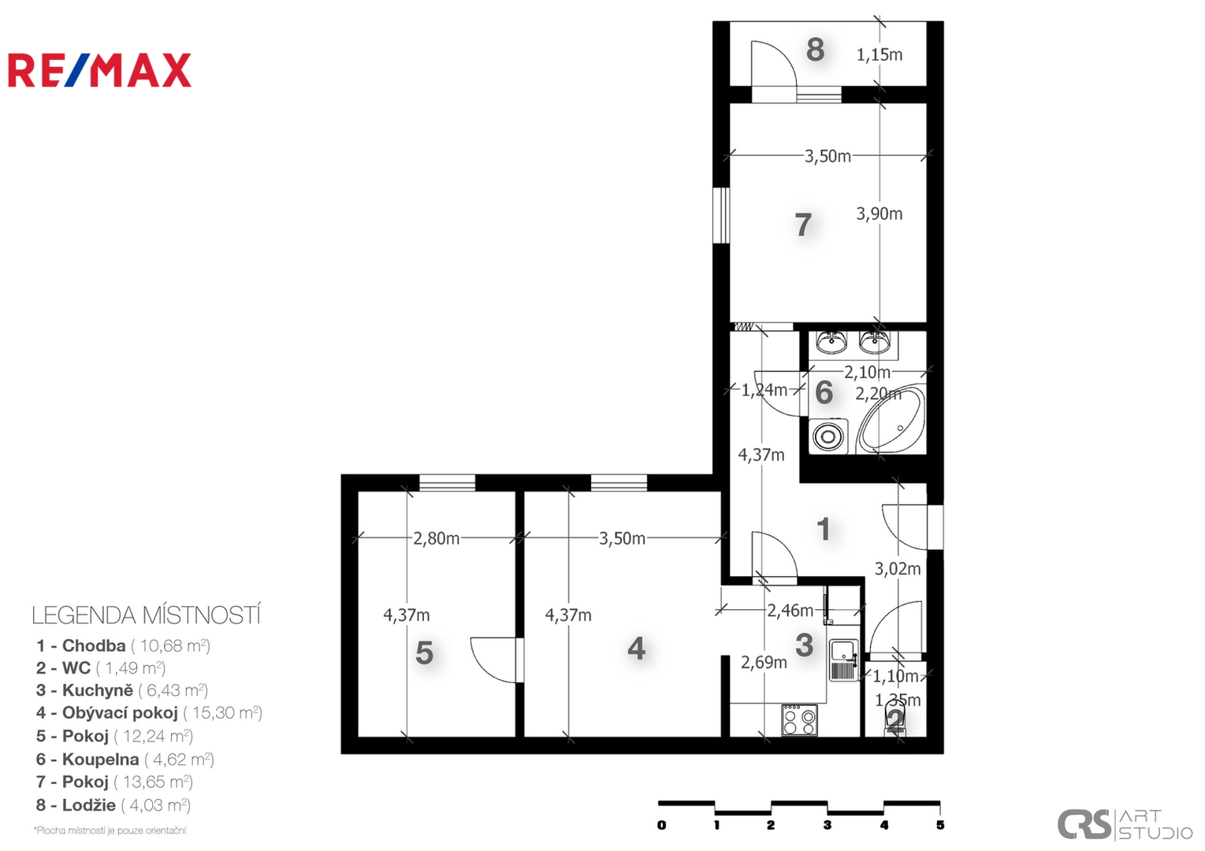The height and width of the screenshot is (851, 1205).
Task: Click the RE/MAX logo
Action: pyautogui.click(x=99, y=70)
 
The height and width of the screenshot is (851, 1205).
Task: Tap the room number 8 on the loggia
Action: pyautogui.click(x=816, y=50)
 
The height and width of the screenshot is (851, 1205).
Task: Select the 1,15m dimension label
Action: pyautogui.click(x=880, y=55)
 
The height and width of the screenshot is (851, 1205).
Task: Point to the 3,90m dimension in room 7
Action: pyautogui.click(x=880, y=214)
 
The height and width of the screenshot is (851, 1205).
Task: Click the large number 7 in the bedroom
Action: pyautogui.click(x=803, y=225)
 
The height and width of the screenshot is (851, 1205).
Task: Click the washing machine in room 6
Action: pyautogui.click(x=828, y=436)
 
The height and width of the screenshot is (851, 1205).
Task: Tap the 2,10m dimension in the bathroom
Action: pyautogui.click(x=867, y=372)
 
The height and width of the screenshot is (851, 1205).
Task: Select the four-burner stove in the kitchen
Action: pyautogui.click(x=800, y=720)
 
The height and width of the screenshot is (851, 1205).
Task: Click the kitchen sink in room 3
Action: pyautogui.click(x=843, y=660)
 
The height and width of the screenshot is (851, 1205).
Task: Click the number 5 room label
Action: pyautogui.click(x=425, y=652)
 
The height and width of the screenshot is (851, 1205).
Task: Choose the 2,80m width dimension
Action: pyautogui.click(x=437, y=538)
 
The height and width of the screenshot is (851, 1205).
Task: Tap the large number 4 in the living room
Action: pyautogui.click(x=637, y=648)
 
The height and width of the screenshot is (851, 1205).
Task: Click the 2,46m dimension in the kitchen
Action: pyautogui.click(x=790, y=611)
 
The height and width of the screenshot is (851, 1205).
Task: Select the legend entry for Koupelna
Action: pyautogui.click(x=125, y=759)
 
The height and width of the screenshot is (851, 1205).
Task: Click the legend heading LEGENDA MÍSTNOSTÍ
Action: pyautogui.click(x=147, y=616)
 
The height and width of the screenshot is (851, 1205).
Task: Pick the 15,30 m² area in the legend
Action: pyautogui.click(x=223, y=713)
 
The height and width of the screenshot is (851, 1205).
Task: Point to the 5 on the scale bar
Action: pyautogui.click(x=940, y=825)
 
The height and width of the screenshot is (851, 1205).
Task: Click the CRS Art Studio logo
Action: pyautogui.click(x=1125, y=824)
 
